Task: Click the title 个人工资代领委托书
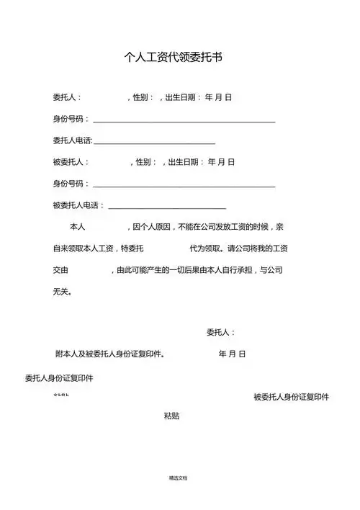174,58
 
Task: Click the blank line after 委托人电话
154,142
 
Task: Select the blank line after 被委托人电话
166,207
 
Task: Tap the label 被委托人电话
78,206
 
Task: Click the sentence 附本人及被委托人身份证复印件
110,354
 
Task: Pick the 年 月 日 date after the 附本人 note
232,354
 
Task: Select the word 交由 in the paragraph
60,271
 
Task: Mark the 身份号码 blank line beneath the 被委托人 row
184,185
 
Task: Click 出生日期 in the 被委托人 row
186,162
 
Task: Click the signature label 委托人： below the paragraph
220,332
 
